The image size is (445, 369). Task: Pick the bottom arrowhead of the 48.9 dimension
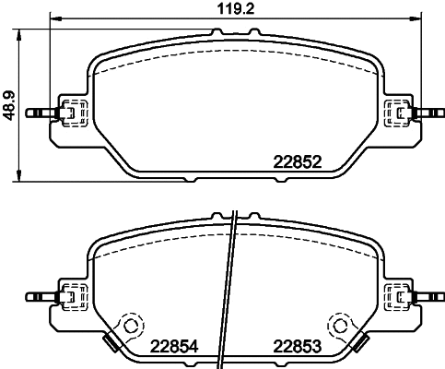20,175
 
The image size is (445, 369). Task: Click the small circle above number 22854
130,325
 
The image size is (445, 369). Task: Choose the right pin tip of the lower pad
435,297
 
